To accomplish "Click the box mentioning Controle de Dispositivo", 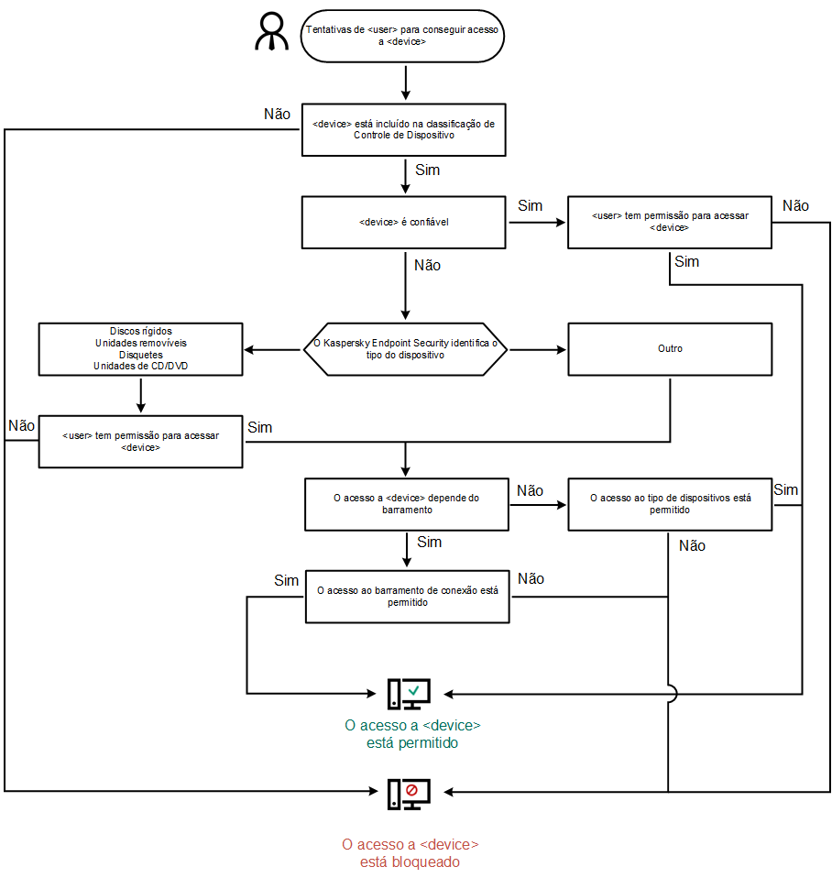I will (x=403, y=129).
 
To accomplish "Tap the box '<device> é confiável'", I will (x=403, y=223).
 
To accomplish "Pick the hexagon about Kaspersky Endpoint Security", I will (x=404, y=348).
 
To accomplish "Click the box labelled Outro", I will (x=670, y=348).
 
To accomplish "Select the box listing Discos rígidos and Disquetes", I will (x=140, y=348).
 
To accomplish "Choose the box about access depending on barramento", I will (x=407, y=504).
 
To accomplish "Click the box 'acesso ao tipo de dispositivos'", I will (x=670, y=504).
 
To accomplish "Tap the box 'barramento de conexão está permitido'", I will (x=407, y=597).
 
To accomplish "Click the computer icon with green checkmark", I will (x=408, y=694).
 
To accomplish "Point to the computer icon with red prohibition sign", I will (x=408, y=793).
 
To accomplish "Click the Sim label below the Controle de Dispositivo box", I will (x=427, y=170).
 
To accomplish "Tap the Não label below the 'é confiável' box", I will (x=427, y=265).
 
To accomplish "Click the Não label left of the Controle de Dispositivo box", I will (x=277, y=115).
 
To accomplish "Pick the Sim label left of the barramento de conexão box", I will (x=286, y=581).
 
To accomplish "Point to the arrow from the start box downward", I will (x=404, y=82).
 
